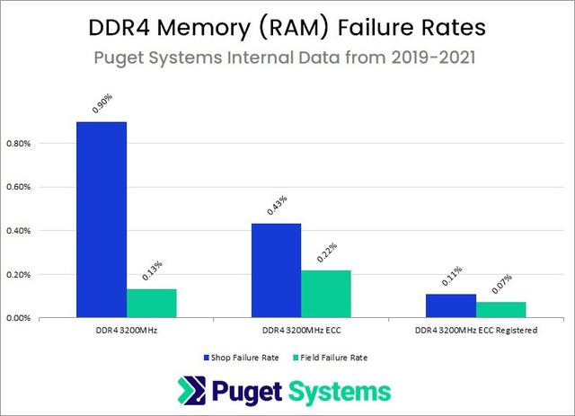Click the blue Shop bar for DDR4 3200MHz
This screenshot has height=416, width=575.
[102, 220]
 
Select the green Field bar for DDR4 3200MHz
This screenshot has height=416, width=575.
[152, 303]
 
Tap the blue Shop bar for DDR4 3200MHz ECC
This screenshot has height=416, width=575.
[276, 270]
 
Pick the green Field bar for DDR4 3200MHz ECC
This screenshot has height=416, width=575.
[325, 294]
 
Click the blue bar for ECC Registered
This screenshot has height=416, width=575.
[450, 305]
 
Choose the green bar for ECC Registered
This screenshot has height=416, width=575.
[500, 309]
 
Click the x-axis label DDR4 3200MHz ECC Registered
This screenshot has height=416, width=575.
[475, 331]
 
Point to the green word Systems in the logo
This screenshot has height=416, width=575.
[347, 391]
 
